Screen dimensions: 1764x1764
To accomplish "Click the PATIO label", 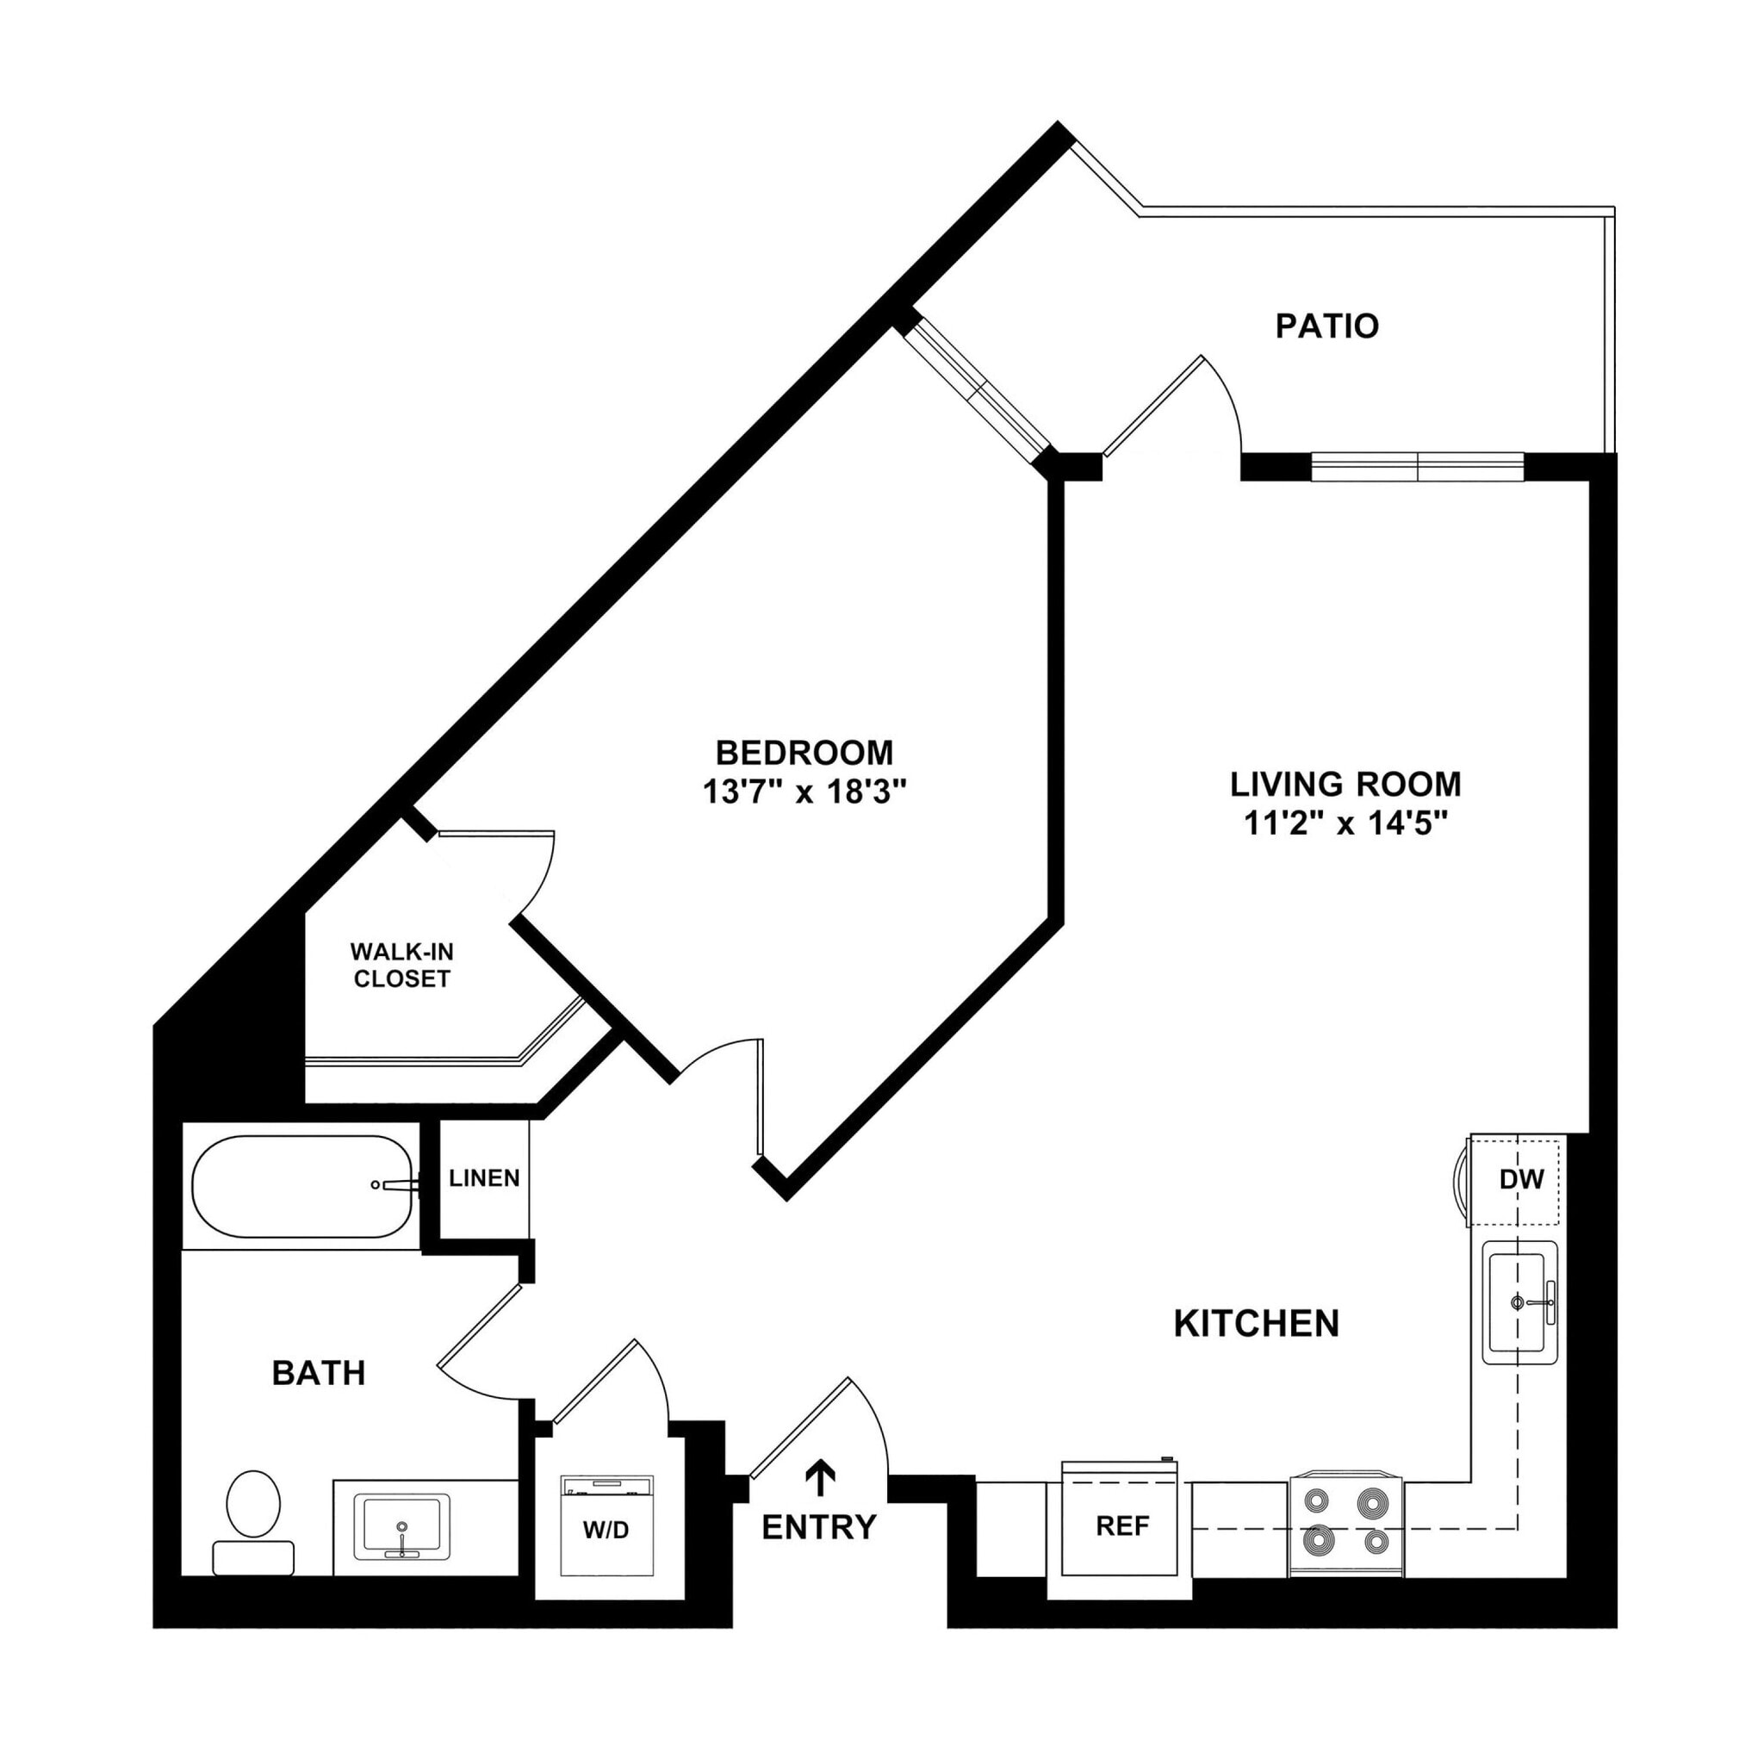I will [1326, 326].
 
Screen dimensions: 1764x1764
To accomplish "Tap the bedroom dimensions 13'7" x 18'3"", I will [804, 791].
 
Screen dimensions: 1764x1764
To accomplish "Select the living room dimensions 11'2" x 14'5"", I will [1346, 823].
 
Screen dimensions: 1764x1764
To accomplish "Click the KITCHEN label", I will [1256, 1323].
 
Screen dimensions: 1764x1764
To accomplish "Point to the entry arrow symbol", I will [821, 1478].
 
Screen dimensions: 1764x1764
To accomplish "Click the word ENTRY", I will [819, 1526].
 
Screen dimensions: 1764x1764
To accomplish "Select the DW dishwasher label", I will [1521, 1180].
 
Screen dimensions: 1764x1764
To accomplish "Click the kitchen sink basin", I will [1518, 1302].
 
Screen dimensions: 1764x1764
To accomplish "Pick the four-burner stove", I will [1345, 1526].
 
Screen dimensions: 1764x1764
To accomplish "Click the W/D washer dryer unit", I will [607, 1526].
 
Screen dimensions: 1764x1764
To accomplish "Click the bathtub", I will [301, 1186].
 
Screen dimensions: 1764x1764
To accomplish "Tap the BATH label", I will [319, 1373].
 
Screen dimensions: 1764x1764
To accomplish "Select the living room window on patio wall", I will [1417, 467].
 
